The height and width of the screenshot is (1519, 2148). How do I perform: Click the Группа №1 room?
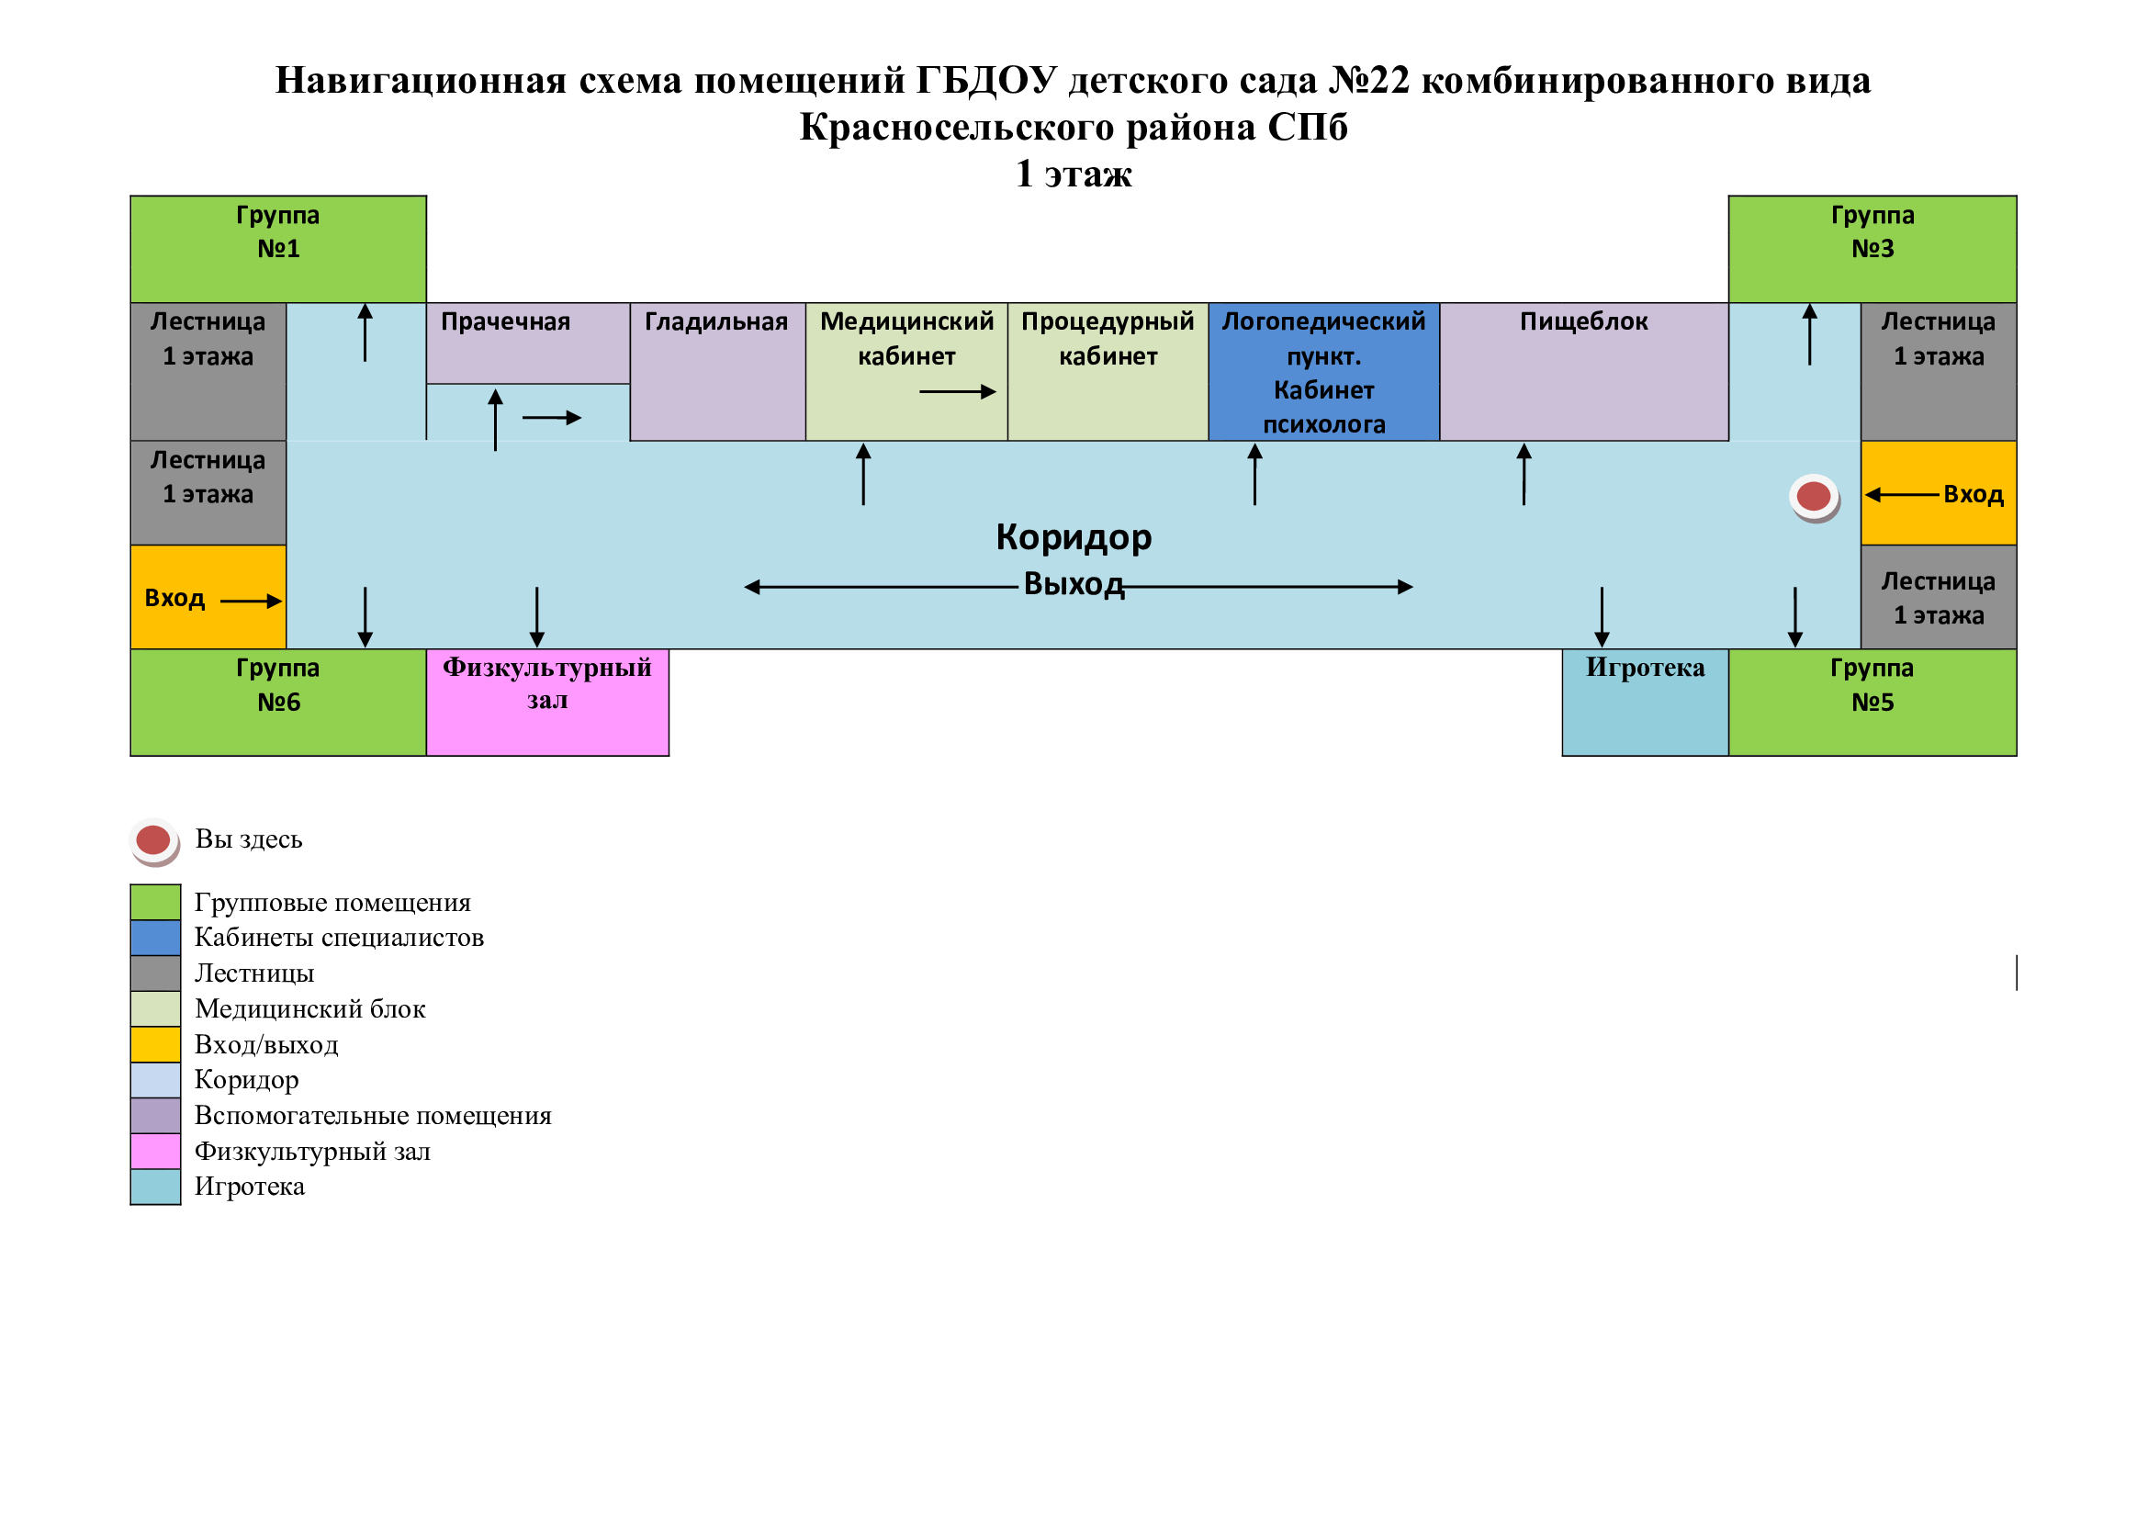pos(278,249)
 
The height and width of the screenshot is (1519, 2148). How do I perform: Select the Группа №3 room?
pos(1872,249)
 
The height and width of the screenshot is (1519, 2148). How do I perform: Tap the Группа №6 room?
pos(278,702)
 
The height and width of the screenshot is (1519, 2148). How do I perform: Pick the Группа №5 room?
pos(1872,702)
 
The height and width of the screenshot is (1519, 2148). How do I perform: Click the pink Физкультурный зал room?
pos(547,702)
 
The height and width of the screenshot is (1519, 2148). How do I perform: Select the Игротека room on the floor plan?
pos(1645,702)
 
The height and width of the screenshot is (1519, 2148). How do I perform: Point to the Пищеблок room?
pos(1583,371)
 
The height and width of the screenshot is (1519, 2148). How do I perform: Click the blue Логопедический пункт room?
pos(1324,371)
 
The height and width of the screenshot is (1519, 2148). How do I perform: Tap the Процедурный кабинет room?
pos(1108,371)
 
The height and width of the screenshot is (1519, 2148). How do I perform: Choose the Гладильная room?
pos(716,371)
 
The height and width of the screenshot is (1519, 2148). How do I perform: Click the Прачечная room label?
pos(505,321)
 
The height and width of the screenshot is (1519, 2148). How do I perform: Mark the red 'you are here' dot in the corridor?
pos(1813,496)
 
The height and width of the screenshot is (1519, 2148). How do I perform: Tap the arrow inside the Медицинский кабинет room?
pos(957,392)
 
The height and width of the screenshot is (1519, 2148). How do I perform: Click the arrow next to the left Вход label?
pos(251,602)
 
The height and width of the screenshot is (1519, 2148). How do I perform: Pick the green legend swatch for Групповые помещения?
pos(155,903)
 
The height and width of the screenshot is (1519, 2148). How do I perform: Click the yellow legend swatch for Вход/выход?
pos(155,1045)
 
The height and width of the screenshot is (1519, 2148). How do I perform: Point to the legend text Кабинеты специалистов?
pos(339,938)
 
